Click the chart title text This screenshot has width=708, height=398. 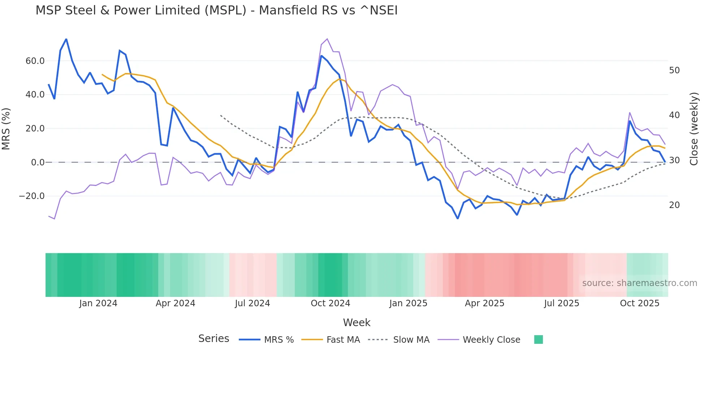[216, 10]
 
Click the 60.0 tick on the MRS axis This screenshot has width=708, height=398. [35, 61]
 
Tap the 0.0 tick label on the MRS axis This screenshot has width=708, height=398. [38, 163]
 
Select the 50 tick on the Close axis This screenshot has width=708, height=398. [674, 70]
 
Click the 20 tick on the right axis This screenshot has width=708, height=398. [674, 205]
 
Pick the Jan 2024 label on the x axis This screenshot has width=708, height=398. [98, 303]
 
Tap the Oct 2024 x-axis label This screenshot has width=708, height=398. [330, 303]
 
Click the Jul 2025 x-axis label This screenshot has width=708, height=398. [561, 303]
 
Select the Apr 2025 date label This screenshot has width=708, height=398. [484, 303]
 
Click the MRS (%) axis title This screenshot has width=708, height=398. [6, 129]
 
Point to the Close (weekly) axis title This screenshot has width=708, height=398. [694, 129]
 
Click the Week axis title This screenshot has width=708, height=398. [357, 323]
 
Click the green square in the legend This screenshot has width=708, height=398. [538, 339]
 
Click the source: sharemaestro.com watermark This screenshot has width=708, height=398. [639, 283]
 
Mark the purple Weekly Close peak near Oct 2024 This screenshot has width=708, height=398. [327, 39]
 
